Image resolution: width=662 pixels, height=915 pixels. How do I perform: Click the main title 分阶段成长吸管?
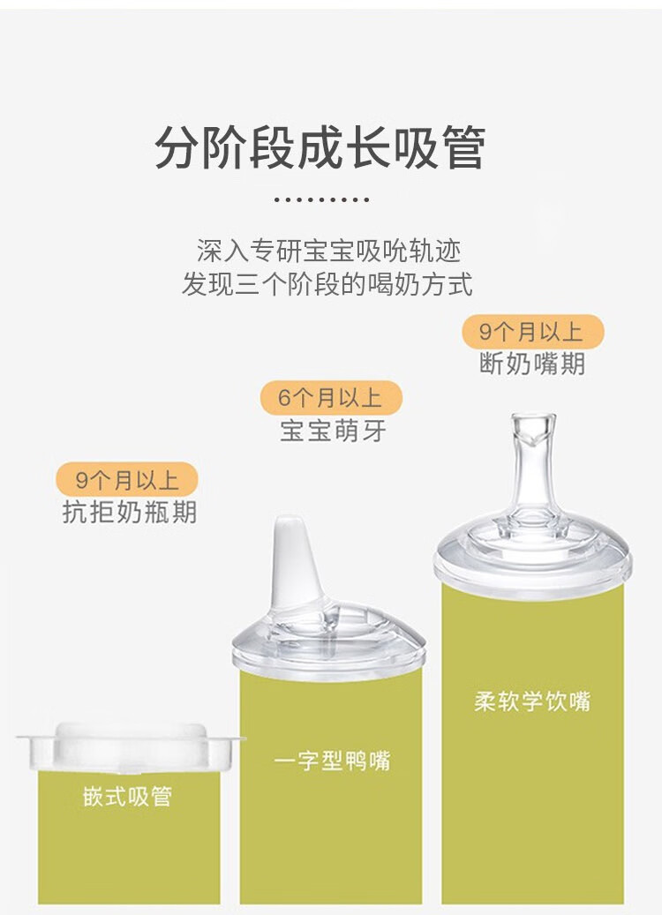tap(320, 147)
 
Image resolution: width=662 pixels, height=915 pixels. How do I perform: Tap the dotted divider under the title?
tap(321, 199)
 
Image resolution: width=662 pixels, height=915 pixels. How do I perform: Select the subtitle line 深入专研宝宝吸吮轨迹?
tap(328, 251)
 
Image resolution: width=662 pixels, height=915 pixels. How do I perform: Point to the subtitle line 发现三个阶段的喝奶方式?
tap(327, 284)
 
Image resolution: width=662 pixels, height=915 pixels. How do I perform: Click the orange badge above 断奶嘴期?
tap(532, 332)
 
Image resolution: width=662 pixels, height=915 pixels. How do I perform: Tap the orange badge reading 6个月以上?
tap(331, 398)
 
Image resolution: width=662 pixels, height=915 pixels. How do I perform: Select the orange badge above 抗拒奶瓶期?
tap(127, 480)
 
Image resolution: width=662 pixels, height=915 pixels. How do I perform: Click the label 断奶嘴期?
tap(532, 364)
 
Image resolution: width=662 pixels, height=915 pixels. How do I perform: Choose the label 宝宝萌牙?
tap(333, 431)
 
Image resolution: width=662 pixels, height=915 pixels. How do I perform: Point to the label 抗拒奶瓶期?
tap(130, 513)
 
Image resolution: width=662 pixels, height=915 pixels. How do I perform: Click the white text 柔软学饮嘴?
tap(532, 701)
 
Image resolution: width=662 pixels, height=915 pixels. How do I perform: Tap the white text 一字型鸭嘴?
tap(332, 761)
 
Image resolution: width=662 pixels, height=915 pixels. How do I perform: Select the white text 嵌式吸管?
tap(127, 797)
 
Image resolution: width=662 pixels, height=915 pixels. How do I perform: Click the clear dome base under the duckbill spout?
tap(328, 641)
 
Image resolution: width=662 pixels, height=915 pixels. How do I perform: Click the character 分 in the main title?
tap(177, 147)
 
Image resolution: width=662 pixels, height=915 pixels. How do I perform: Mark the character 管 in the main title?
tap(463, 147)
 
